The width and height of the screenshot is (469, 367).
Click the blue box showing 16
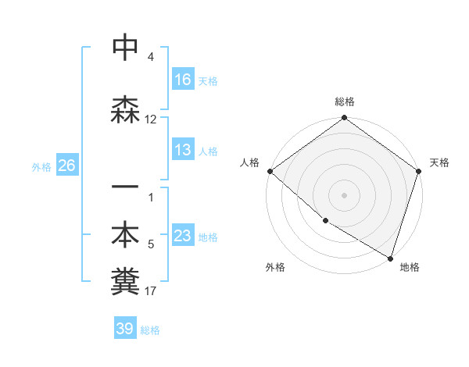click(183, 80)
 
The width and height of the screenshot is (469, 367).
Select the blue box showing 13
click(183, 151)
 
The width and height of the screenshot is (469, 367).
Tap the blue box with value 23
click(183, 237)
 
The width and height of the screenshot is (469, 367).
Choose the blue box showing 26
click(66, 166)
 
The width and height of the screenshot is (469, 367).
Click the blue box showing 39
click(125, 329)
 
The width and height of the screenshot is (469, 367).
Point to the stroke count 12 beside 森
click(151, 119)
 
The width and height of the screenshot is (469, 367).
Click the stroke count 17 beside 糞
click(151, 291)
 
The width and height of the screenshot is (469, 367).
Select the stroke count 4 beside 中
click(151, 57)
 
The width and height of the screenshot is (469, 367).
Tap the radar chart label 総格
click(345, 102)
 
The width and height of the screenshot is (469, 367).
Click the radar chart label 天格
click(439, 162)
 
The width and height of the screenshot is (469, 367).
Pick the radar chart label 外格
click(275, 267)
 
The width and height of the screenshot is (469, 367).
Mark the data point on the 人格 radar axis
click(270, 171)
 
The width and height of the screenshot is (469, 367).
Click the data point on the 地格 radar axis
click(390, 257)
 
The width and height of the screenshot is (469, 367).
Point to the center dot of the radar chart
click(345, 195)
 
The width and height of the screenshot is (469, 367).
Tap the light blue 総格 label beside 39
click(151, 330)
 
